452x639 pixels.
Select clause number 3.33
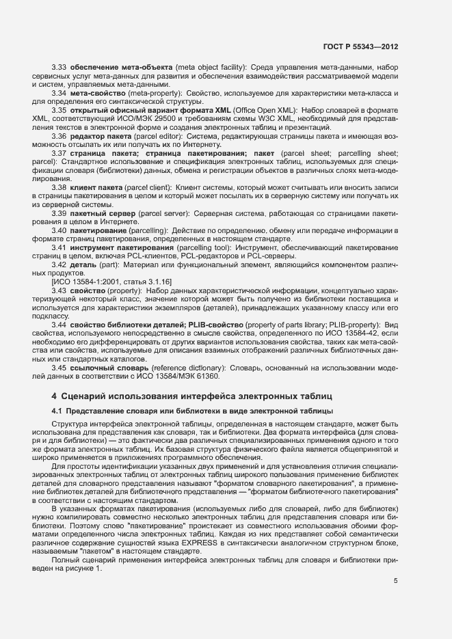coord(59,68)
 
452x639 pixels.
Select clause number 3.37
coord(59,152)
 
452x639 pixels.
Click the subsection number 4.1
coord(57,410)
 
